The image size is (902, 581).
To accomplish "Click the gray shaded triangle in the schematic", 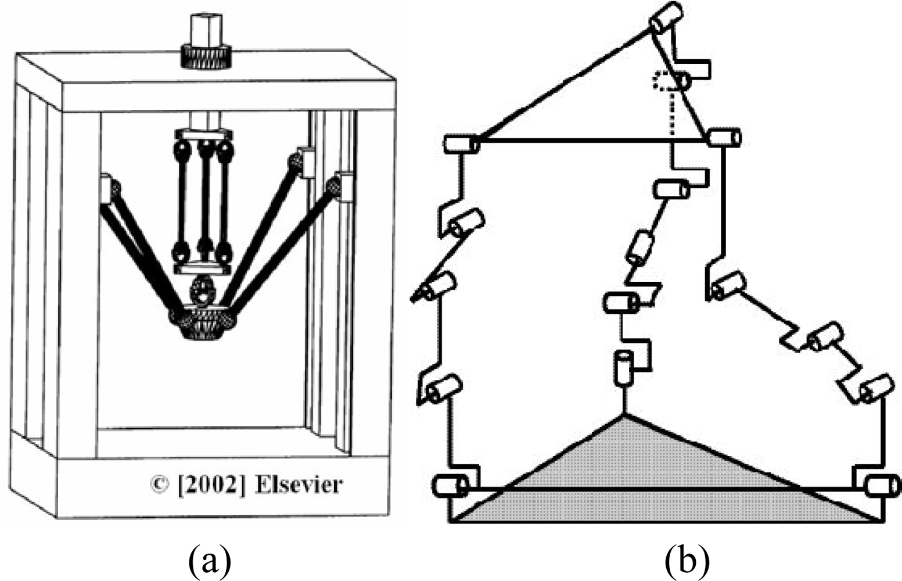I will (x=656, y=488).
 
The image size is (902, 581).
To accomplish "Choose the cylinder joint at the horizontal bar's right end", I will (x=724, y=137).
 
